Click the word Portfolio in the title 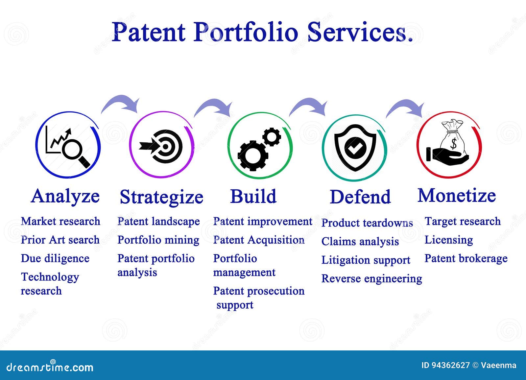click(x=245, y=33)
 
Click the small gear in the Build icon click(x=272, y=137)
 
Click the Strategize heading click(x=161, y=197)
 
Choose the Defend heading click(x=360, y=197)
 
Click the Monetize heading click(x=457, y=196)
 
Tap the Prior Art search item click(x=60, y=240)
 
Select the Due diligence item click(x=55, y=258)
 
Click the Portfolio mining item click(x=158, y=240)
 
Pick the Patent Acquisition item click(x=259, y=240)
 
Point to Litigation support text click(x=366, y=260)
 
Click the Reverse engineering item click(x=371, y=278)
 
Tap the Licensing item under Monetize click(x=448, y=240)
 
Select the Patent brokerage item click(x=466, y=258)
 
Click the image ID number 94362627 click(x=450, y=365)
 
